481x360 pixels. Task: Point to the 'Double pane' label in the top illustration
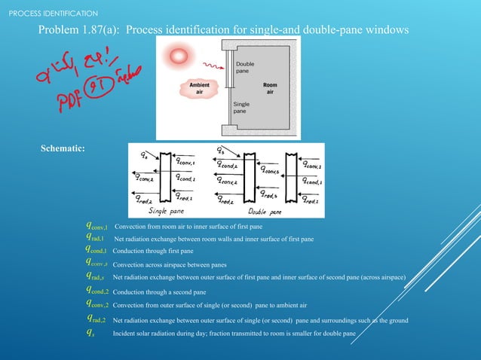[244, 68]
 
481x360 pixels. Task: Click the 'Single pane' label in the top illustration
[243, 108]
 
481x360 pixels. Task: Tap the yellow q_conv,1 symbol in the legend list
[97, 225]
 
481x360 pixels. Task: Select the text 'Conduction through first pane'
[154, 251]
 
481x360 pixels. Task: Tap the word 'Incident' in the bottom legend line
[124, 333]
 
